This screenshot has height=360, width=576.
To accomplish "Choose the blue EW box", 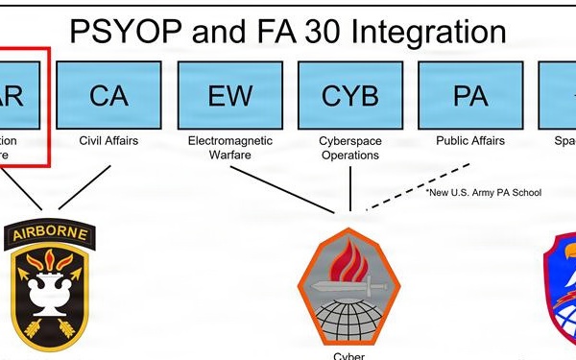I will point(228,95).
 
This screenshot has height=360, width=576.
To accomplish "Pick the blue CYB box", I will point(349,95).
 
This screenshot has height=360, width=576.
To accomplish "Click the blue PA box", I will point(471,95).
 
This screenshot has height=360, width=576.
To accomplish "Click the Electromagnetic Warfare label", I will point(228,148).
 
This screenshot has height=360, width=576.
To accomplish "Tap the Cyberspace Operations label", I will point(349,148).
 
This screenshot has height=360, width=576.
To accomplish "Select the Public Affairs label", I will point(470,141).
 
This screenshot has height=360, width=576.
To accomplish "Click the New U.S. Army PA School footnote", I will point(484,192).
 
